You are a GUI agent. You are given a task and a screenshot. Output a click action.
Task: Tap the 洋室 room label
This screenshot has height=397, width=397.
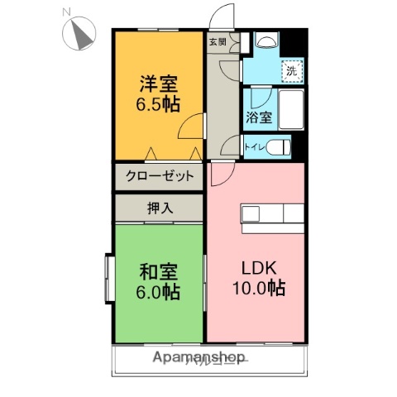pyautogui.click(x=158, y=84)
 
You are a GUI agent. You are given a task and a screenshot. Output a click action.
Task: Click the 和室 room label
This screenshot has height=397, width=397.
pyautogui.click(x=158, y=270)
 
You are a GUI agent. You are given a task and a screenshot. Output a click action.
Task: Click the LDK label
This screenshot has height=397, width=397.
pyautogui.click(x=258, y=268)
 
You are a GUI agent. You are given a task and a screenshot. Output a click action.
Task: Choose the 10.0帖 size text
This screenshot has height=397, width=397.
pyautogui.click(x=259, y=289)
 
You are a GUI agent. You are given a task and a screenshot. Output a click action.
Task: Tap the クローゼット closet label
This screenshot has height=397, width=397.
pyautogui.click(x=160, y=175)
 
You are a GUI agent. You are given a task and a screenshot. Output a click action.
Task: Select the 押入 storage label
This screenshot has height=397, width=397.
pyautogui.click(x=160, y=208)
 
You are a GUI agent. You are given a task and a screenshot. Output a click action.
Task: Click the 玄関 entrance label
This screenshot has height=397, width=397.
pyautogui.click(x=217, y=41)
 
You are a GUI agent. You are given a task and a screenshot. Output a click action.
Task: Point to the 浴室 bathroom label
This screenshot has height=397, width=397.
pyautogui.click(x=258, y=117)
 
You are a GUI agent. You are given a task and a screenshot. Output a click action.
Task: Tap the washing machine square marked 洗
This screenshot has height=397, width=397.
pyautogui.click(x=292, y=72)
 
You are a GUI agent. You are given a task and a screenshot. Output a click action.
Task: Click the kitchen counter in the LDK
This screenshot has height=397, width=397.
pyautogui.click(x=272, y=213)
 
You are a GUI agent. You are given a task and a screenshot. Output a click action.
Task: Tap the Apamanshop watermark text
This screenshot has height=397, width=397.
pyautogui.click(x=198, y=358)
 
